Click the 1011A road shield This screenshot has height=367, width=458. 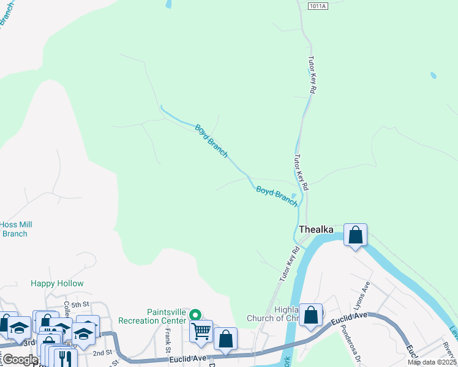tap(318, 6)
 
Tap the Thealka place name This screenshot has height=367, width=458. tap(316, 229)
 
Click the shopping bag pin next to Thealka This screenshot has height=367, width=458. tap(355, 235)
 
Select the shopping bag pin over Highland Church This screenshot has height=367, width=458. tap(311, 315)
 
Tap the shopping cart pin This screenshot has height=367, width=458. tap(201, 331)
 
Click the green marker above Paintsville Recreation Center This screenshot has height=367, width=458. tap(195, 315)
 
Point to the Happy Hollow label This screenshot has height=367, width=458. tap(57, 284)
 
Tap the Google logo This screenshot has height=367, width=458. tap(20, 360)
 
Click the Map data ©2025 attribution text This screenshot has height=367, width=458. tap(432, 362)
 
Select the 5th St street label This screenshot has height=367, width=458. tap(80, 304)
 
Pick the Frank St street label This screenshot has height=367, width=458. tap(167, 340)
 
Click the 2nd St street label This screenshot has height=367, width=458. tap(102, 353)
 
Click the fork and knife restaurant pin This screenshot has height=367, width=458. tap(66, 357)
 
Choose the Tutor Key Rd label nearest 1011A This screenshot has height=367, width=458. tap(312, 73)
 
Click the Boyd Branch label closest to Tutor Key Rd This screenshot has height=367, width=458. tap(276, 196)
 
